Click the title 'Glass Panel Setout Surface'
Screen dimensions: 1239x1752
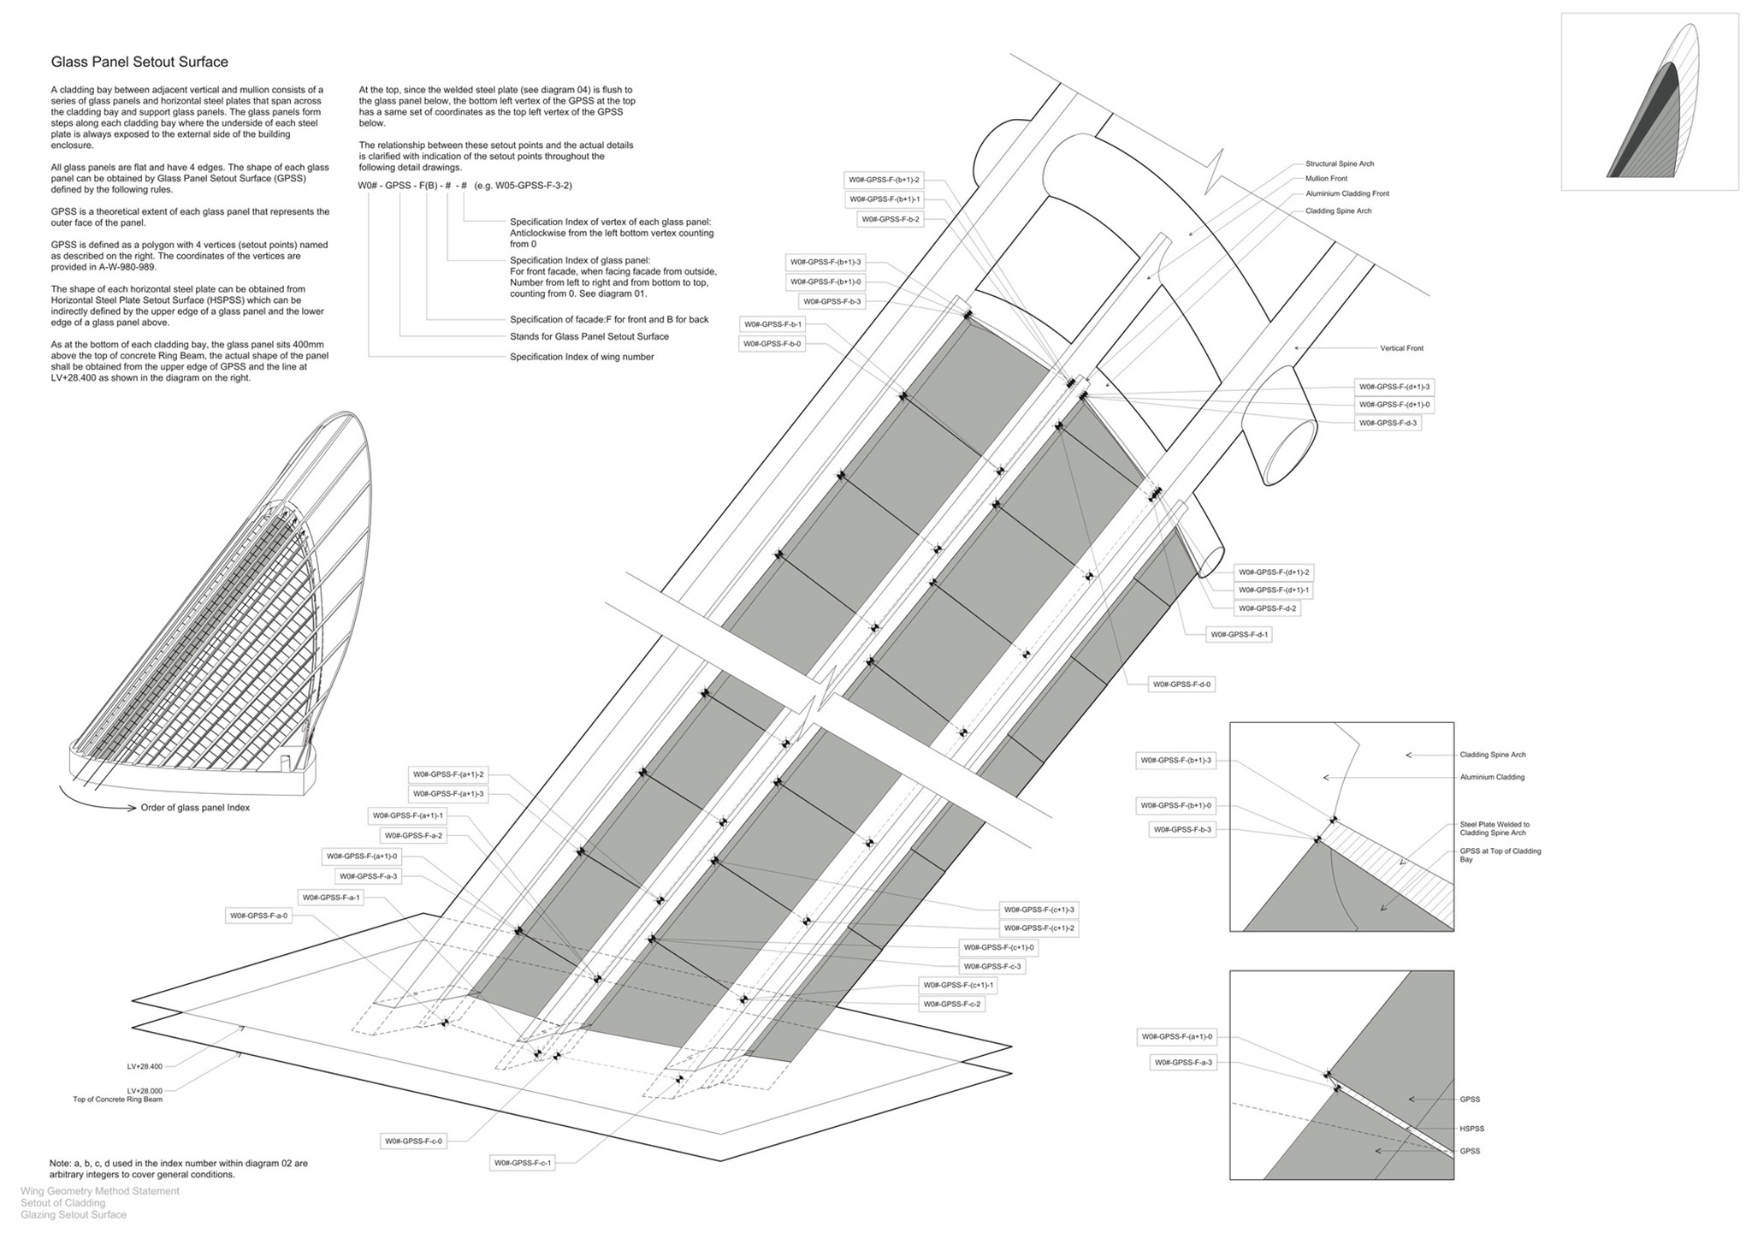pos(139,62)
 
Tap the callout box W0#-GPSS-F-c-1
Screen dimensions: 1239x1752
pos(523,1163)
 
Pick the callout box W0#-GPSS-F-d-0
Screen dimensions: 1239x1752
pos(1181,685)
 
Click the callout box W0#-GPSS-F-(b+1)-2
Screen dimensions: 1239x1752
pos(884,180)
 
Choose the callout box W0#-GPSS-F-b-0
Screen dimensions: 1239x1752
pos(772,344)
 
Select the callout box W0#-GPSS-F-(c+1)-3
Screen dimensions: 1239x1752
pos(1039,910)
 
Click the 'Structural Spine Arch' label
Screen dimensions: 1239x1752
pos(1340,163)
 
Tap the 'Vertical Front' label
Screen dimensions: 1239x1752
pos(1401,348)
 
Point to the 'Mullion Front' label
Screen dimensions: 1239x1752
pos(1326,179)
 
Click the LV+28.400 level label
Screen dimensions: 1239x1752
pos(145,1066)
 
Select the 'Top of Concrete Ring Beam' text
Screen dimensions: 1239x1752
pos(118,1100)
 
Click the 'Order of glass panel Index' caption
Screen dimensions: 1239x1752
pos(195,808)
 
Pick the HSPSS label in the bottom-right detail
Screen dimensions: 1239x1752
pos(1471,1129)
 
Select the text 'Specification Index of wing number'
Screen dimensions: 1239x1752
pos(582,357)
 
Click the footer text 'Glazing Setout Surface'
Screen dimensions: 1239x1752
pos(74,1215)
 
